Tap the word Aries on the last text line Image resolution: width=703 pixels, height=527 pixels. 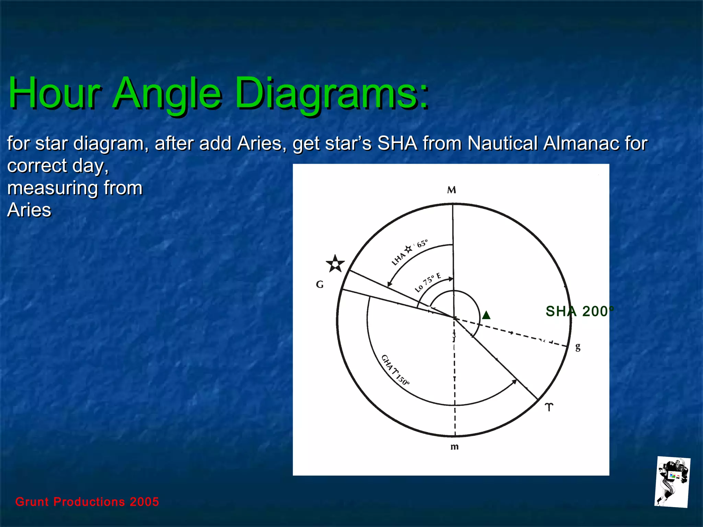[29, 210]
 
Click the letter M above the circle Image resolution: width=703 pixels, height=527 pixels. [451, 190]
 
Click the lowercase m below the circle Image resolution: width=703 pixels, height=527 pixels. [454, 447]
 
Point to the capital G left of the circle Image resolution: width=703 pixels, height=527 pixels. [320, 284]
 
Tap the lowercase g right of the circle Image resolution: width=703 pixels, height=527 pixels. [578, 347]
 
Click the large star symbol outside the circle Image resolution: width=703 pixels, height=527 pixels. [335, 264]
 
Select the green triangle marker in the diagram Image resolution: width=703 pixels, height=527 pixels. [486, 315]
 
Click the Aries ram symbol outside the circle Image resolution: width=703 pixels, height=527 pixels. [549, 407]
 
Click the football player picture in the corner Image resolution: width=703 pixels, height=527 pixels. [672, 482]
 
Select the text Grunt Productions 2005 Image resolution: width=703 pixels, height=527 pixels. [87, 502]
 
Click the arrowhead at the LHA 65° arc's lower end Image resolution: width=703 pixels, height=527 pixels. [389, 284]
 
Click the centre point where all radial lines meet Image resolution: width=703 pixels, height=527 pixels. [454, 318]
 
